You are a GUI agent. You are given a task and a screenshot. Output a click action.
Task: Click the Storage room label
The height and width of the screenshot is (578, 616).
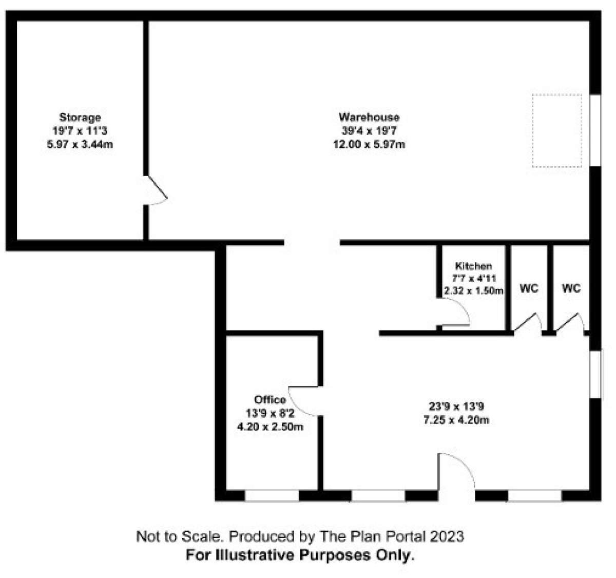(80, 118)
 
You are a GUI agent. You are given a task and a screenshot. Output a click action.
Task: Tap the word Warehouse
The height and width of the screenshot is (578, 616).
(369, 117)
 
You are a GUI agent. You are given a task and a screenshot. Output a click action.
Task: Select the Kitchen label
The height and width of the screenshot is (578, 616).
(473, 266)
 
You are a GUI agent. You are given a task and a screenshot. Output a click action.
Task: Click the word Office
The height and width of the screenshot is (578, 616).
(270, 399)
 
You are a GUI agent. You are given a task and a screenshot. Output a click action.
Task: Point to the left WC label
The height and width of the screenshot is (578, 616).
(529, 288)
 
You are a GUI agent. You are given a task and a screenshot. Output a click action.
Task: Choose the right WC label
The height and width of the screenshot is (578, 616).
(571, 288)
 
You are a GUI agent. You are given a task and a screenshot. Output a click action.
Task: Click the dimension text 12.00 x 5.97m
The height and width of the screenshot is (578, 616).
(369, 144)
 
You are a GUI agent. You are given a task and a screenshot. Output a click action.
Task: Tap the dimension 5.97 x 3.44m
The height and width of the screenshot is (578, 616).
(80, 144)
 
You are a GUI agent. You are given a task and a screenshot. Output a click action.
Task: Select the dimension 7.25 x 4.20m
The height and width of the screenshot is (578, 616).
(456, 420)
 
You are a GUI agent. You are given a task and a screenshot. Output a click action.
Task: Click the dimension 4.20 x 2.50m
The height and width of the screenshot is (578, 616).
(270, 427)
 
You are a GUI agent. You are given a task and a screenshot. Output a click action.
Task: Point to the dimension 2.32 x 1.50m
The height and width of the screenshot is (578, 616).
(473, 291)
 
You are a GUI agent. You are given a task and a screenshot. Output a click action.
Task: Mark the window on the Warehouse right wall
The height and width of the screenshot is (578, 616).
(595, 130)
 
